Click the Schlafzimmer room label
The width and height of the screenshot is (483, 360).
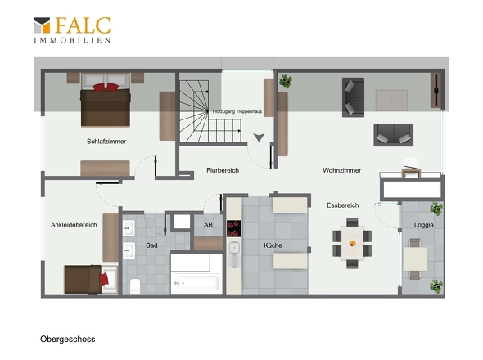pos(106,142)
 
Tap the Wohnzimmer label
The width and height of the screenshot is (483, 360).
pos(342,170)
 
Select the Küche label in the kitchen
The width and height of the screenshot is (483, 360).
pos(273,245)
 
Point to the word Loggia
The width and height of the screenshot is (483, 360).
pos(423,225)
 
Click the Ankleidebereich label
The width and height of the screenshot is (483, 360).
pos(74,225)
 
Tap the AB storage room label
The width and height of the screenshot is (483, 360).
pos(208,225)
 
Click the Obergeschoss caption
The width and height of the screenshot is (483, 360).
pos(68,340)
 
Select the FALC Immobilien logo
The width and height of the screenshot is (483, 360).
pos(72,30)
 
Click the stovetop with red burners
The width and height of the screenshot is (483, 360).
pos(234,228)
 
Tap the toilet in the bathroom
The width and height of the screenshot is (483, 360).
pos(135,286)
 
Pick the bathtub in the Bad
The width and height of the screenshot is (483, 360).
pos(196,282)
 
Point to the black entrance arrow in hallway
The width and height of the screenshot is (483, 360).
pos(259,137)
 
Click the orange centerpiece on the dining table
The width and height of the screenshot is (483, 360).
pos(352,244)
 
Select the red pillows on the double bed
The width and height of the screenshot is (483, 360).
pos(106,88)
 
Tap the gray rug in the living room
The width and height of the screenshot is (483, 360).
pos(391,101)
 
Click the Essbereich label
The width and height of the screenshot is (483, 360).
pos(343,205)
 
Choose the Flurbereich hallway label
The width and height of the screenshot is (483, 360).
pos(223,170)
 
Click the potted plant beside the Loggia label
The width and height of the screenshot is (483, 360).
pos(436,209)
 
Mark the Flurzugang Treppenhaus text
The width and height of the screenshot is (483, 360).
pos(237,111)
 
